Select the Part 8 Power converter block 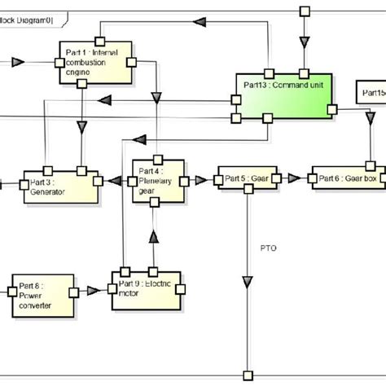(x=40, y=294)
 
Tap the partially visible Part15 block (x=371, y=94)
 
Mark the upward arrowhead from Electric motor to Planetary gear (x=152, y=237)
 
